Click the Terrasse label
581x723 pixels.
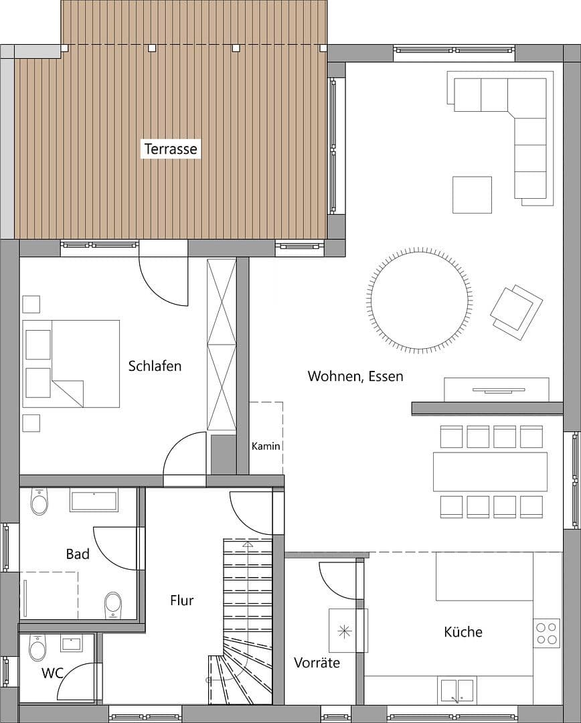[x=171, y=149]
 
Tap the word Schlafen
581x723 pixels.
[x=155, y=366]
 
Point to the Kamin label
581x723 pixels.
[x=266, y=446]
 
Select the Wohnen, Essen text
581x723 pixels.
[x=355, y=376]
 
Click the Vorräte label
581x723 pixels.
[x=317, y=663]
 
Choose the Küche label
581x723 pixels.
[x=463, y=631]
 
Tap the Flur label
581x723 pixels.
[x=181, y=600]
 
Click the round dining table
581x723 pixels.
[x=420, y=300]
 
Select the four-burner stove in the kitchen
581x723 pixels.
[x=547, y=633]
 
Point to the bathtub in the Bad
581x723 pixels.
[x=94, y=500]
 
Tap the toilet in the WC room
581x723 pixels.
[x=37, y=647]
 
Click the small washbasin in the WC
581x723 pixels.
[x=72, y=644]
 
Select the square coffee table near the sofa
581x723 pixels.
[x=472, y=195]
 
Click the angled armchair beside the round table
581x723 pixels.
[x=516, y=312]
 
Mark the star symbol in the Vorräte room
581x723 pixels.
[x=344, y=631]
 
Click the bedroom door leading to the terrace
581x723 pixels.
[x=164, y=280]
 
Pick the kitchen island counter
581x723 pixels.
[x=485, y=576]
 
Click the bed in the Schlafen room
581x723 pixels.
[x=71, y=364]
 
